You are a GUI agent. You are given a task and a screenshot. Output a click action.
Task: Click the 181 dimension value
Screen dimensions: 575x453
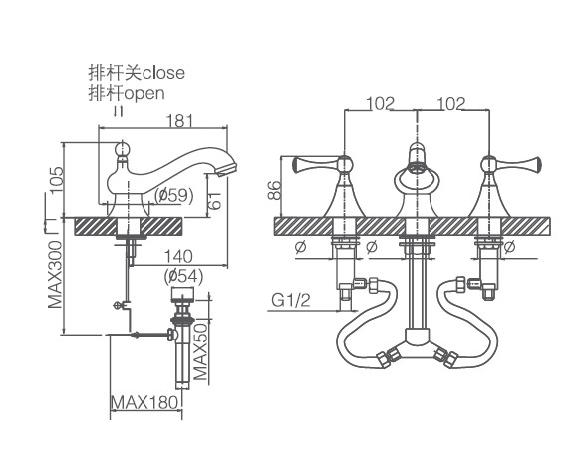click(x=179, y=120)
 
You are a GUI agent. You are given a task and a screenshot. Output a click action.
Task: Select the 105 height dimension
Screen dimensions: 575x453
click(x=57, y=180)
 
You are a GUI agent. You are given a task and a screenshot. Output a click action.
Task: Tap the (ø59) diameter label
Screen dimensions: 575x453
click(x=173, y=195)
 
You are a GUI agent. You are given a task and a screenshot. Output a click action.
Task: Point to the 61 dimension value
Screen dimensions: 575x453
click(x=216, y=200)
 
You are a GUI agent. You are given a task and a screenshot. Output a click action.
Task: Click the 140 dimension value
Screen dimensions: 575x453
click(x=178, y=256)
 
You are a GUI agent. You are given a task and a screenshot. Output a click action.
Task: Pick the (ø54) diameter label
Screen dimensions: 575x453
click(x=183, y=276)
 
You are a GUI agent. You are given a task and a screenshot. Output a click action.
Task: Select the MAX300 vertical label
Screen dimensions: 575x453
click(x=55, y=274)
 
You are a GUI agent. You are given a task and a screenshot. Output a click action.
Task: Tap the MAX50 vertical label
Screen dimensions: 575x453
click(x=200, y=351)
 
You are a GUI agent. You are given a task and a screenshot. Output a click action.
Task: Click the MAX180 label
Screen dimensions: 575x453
click(x=144, y=402)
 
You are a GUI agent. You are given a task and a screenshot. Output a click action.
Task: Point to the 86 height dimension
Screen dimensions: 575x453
click(x=274, y=190)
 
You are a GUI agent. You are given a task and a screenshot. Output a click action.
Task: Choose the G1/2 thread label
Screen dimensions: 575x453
click(x=291, y=300)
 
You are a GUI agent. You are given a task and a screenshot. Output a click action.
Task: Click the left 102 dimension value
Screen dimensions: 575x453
click(x=381, y=103)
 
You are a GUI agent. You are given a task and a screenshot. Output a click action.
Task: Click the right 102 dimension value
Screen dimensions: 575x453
click(x=451, y=103)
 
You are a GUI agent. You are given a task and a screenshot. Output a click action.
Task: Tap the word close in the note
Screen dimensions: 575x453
click(x=163, y=73)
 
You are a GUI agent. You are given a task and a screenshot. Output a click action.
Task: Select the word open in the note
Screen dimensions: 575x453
click(x=144, y=94)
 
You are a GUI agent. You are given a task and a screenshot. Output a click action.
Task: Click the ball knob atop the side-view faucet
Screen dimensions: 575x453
click(x=123, y=149)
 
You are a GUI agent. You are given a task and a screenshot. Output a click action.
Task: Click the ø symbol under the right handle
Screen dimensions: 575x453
click(x=509, y=246)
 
